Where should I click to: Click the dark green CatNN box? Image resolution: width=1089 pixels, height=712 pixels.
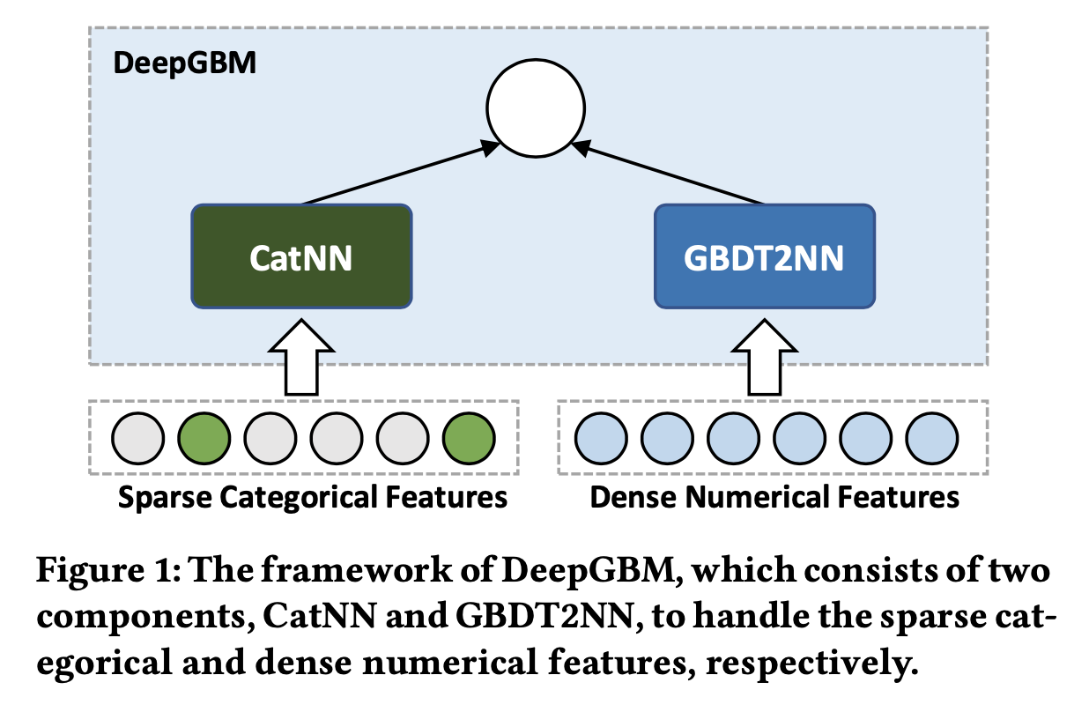(301, 256)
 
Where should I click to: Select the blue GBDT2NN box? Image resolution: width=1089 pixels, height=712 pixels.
(765, 256)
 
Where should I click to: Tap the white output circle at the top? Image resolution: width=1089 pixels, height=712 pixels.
(536, 108)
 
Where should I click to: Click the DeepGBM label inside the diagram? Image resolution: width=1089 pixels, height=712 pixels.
(185, 63)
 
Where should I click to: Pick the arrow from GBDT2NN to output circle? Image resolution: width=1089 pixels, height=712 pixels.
(668, 173)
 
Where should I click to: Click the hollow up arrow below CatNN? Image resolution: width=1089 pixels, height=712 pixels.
(301, 357)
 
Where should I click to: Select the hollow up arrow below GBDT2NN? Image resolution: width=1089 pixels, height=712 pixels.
(765, 357)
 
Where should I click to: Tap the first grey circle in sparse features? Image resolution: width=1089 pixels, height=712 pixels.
(138, 438)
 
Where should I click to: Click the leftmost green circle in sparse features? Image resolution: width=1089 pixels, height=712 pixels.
(204, 438)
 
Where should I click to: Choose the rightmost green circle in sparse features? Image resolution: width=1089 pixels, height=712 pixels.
(469, 438)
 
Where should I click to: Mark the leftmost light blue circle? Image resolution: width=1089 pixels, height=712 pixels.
(602, 438)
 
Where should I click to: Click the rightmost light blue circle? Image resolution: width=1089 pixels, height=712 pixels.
(932, 438)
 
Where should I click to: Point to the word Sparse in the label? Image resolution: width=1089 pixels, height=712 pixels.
(165, 498)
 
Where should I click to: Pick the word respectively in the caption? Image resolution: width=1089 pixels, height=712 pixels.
(811, 664)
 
